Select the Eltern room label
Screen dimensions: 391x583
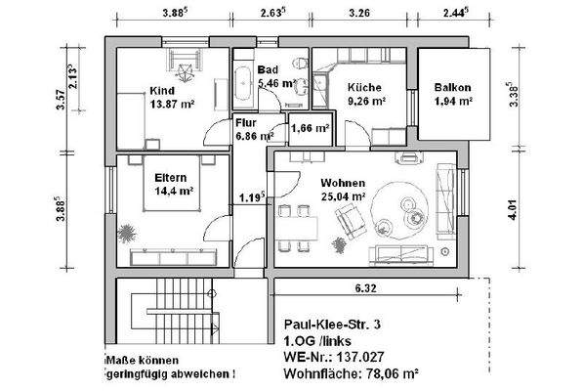click(x=172, y=178)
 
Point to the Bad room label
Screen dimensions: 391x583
click(x=268, y=70)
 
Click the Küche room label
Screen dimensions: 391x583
click(x=364, y=86)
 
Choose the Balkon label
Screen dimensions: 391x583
click(x=452, y=87)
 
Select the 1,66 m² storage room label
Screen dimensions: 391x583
click(x=310, y=127)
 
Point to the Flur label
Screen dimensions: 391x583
click(x=245, y=123)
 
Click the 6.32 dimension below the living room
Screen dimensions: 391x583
click(x=365, y=289)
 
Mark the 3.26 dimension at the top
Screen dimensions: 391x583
click(x=360, y=15)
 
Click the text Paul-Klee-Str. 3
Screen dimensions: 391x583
click(x=332, y=324)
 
